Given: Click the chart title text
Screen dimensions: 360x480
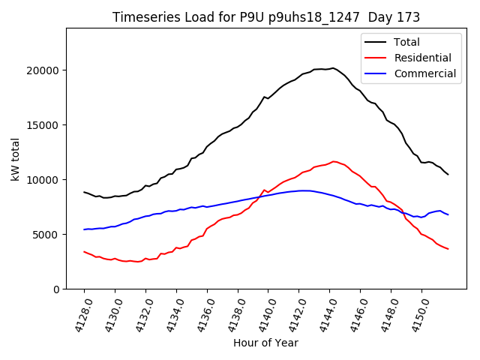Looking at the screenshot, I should pos(266,17).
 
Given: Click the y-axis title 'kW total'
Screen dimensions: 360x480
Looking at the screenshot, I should pos(16,158).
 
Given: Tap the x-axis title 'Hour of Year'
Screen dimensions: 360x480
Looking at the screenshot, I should pos(265,343).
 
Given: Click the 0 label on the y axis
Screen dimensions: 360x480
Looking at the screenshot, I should pos(56,289).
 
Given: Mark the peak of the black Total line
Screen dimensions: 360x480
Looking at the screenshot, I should pos(333,68).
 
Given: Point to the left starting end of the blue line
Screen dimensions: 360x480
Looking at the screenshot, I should pos(84,229).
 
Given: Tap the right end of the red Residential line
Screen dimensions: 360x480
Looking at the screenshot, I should pos(448,249).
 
